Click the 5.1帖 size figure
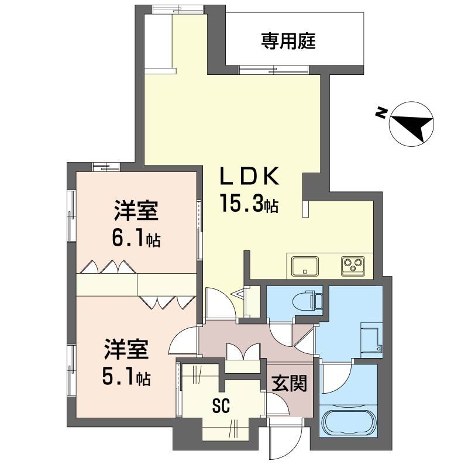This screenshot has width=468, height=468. [126, 377]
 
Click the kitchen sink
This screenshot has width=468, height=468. [304, 267]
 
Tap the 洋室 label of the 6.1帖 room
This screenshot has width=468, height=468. [135, 211]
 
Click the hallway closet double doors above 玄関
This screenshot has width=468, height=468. [242, 352]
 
